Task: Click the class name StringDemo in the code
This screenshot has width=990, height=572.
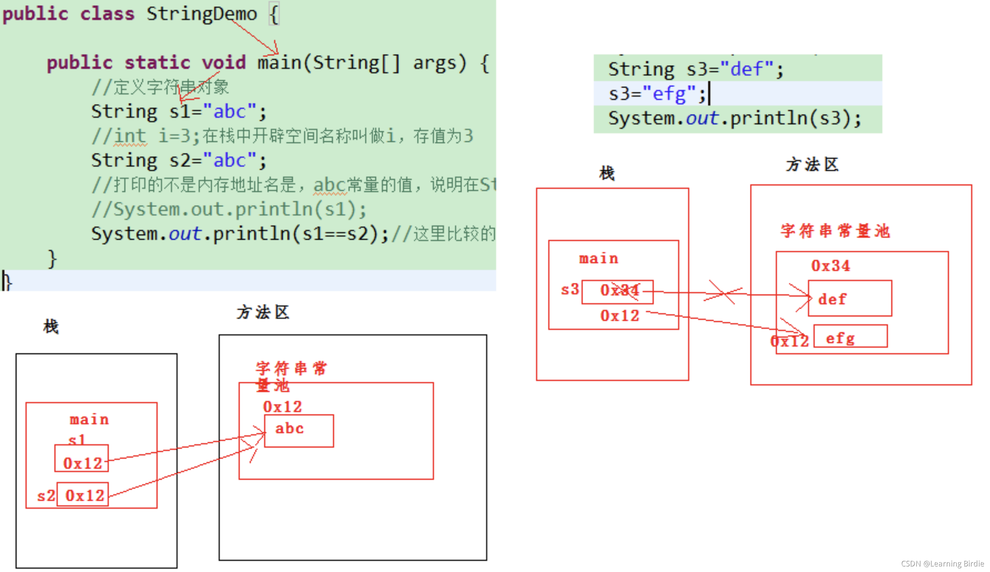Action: pos(201,14)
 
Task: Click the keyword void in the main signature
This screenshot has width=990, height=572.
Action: pos(224,63)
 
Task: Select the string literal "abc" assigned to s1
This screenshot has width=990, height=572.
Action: pos(229,112)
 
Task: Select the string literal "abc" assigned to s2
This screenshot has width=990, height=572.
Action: pos(229,160)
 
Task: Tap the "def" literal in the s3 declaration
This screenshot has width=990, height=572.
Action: pos(746,69)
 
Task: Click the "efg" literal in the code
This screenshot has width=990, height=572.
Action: pos(668,94)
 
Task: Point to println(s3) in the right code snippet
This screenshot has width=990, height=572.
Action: pos(790,118)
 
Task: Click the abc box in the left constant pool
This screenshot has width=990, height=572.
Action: pos(299,431)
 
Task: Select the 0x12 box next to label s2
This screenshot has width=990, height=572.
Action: pos(83,495)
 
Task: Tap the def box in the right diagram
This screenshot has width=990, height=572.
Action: pos(849,299)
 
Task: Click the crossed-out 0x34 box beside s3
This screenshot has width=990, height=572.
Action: pos(617,292)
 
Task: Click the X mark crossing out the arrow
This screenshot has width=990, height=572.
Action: pos(722,293)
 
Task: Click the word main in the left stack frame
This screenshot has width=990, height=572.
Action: pos(89,419)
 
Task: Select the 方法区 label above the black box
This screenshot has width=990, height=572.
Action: pos(263,313)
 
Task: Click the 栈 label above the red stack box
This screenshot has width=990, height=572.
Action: pos(607,174)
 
